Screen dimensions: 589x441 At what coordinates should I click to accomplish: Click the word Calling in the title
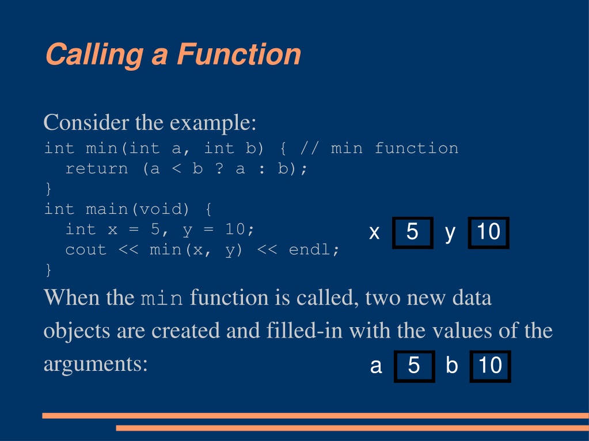[x=94, y=55]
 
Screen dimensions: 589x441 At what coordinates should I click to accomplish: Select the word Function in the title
[x=239, y=55]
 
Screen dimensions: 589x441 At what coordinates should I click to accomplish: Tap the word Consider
[x=86, y=122]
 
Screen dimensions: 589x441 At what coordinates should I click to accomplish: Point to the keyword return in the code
[x=97, y=168]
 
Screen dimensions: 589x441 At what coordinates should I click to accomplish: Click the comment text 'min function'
[x=394, y=148]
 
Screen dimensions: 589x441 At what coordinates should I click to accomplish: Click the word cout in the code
[x=86, y=250]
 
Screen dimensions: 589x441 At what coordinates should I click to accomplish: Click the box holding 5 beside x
[x=412, y=232]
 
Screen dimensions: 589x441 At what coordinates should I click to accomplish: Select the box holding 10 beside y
[x=488, y=232]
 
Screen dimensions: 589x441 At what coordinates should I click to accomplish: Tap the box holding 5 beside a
[x=414, y=366]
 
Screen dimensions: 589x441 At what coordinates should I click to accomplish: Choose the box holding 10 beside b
[x=490, y=366]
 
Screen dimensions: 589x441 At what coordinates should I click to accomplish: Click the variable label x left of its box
[x=374, y=232]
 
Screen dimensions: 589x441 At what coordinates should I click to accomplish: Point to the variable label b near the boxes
[x=452, y=365]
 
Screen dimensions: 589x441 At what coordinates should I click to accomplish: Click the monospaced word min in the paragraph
[x=162, y=298]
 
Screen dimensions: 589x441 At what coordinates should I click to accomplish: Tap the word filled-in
[x=304, y=331]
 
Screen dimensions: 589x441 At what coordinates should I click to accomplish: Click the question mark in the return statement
[x=219, y=168]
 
